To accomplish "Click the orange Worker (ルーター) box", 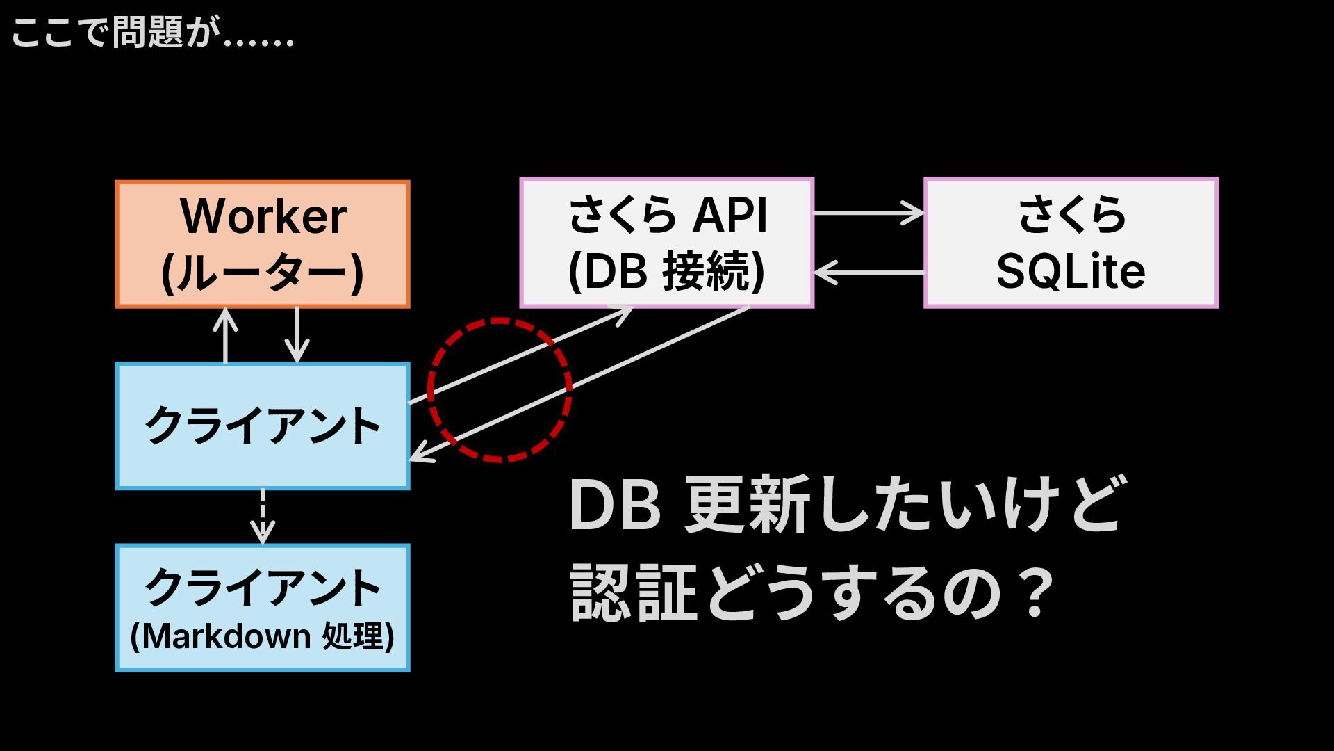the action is [x=263, y=244].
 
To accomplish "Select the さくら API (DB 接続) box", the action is [x=667, y=243].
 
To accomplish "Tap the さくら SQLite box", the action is [x=1071, y=243].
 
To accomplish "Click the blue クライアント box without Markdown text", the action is [x=263, y=426].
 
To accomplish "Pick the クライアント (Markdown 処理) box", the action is [x=263, y=608].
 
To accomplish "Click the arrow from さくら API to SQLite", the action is [x=869, y=213].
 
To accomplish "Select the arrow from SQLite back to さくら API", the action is [x=869, y=272].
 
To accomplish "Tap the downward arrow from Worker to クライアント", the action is [x=297, y=335].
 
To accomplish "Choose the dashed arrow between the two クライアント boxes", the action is [x=263, y=517].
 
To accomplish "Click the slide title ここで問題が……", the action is [x=153, y=33].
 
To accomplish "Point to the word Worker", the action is [x=263, y=216].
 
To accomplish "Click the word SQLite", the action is [x=1071, y=271].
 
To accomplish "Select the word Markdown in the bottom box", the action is [x=227, y=636].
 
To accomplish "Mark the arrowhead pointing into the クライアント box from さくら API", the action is [x=420, y=455].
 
